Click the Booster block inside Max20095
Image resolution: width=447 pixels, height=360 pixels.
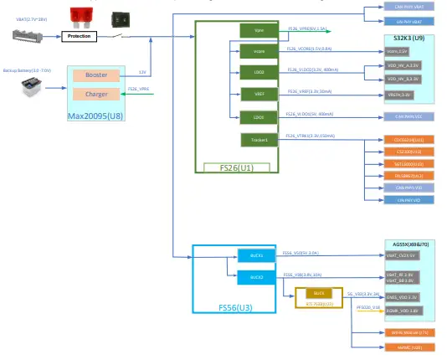pos(96,76)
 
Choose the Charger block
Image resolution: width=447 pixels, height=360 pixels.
pos(96,95)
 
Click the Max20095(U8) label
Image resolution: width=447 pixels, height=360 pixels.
pos(95,112)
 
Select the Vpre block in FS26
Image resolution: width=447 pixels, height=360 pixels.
pos(258,30)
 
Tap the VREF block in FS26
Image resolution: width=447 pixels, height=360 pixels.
pos(258,95)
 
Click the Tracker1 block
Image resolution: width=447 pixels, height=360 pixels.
pos(258,140)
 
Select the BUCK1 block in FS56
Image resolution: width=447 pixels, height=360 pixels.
pos(256,254)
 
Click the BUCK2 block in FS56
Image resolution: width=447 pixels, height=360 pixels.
pos(256,275)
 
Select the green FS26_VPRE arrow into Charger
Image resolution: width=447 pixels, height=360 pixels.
pos(147,94)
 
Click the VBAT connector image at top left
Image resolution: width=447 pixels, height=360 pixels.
pos(25,36)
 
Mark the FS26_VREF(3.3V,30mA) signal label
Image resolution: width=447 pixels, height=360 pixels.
pos(310,91)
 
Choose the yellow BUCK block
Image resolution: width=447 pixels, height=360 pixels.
pos(319,294)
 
